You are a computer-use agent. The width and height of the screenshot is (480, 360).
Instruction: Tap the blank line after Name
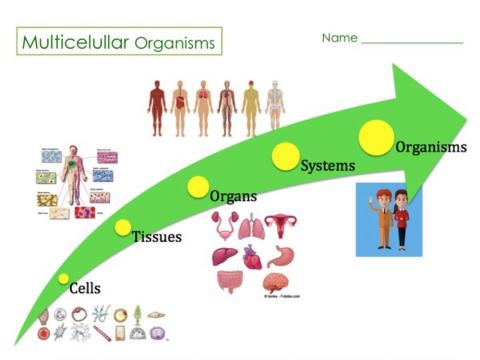[x=412, y=42]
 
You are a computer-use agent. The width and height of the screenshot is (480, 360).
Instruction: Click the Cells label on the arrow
[x=85, y=288]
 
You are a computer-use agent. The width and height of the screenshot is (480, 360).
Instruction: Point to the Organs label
[x=233, y=196]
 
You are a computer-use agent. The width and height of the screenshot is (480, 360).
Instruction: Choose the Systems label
[x=329, y=165]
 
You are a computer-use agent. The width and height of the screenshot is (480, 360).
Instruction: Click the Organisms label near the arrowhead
[x=431, y=147]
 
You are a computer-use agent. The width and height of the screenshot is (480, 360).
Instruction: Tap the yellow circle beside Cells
[x=63, y=279]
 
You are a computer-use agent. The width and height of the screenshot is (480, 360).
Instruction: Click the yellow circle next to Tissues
[x=124, y=228]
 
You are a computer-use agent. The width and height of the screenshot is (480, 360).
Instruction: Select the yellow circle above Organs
[x=198, y=187]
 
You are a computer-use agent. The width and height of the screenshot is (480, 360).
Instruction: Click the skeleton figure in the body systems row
[x=275, y=107]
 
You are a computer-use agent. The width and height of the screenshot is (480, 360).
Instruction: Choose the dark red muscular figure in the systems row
[x=155, y=107]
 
